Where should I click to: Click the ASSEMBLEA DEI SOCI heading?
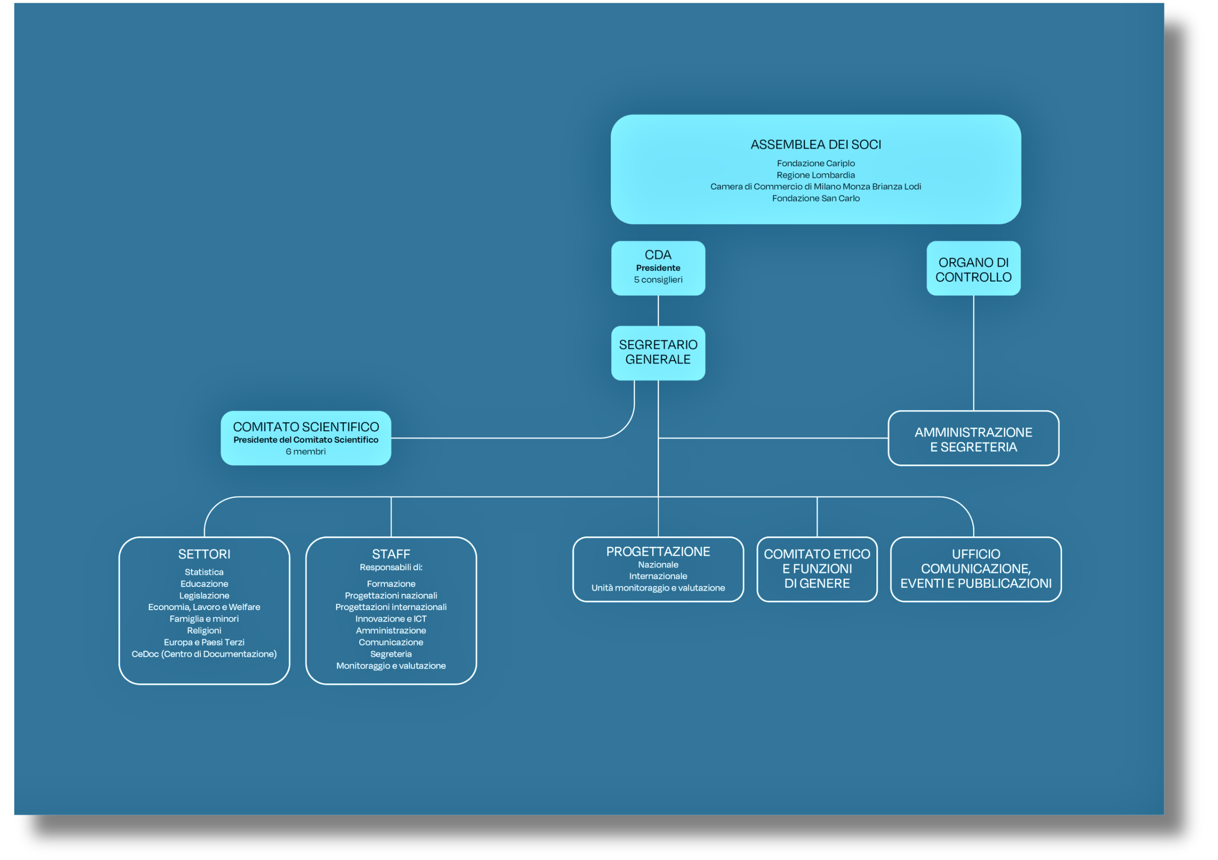click(815, 144)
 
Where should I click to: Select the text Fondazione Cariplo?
click(815, 163)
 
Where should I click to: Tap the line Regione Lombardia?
click(815, 175)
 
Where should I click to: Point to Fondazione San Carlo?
click(815, 198)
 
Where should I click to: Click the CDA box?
click(658, 268)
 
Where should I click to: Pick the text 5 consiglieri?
click(658, 279)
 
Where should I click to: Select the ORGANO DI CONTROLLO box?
click(973, 268)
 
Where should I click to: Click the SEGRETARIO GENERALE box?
click(658, 353)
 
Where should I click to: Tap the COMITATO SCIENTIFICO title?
click(305, 426)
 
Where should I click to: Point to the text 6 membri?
click(305, 452)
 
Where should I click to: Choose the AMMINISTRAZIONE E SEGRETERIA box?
click(973, 438)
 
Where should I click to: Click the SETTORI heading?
click(204, 554)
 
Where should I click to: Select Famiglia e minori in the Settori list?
click(204, 619)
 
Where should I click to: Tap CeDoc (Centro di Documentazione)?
click(204, 653)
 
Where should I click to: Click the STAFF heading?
click(391, 554)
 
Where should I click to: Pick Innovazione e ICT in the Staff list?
click(391, 619)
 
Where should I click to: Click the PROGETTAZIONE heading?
click(658, 551)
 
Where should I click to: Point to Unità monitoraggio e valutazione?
click(658, 588)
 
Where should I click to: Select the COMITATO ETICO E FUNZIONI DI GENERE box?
click(816, 569)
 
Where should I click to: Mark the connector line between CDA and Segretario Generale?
click(658, 310)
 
